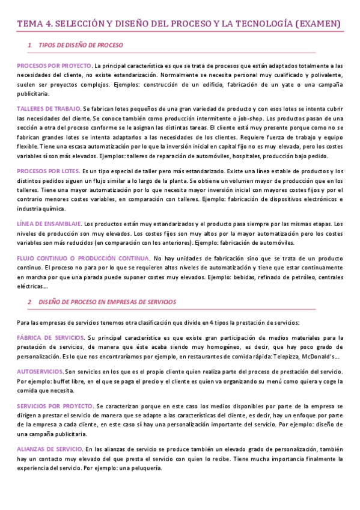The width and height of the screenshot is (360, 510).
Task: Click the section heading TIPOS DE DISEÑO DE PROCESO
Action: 81,46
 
